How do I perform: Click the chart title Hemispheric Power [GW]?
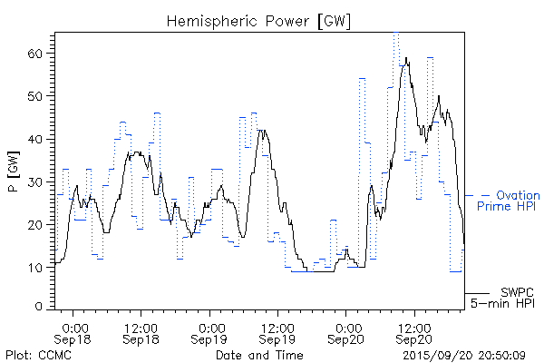point(259,19)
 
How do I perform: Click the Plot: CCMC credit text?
point(37,355)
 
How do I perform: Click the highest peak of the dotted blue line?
point(396,34)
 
